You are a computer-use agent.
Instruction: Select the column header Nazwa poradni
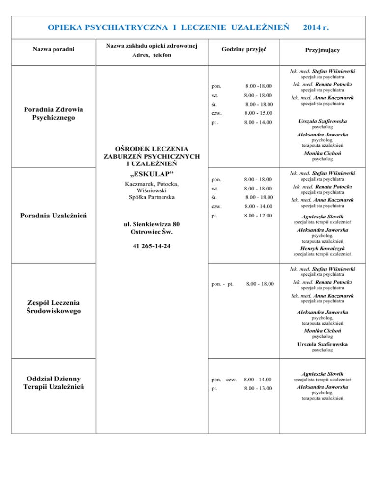click(x=53, y=50)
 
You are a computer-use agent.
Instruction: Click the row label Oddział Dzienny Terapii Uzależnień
click(x=53, y=382)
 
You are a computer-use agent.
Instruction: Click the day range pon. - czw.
click(x=224, y=379)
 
